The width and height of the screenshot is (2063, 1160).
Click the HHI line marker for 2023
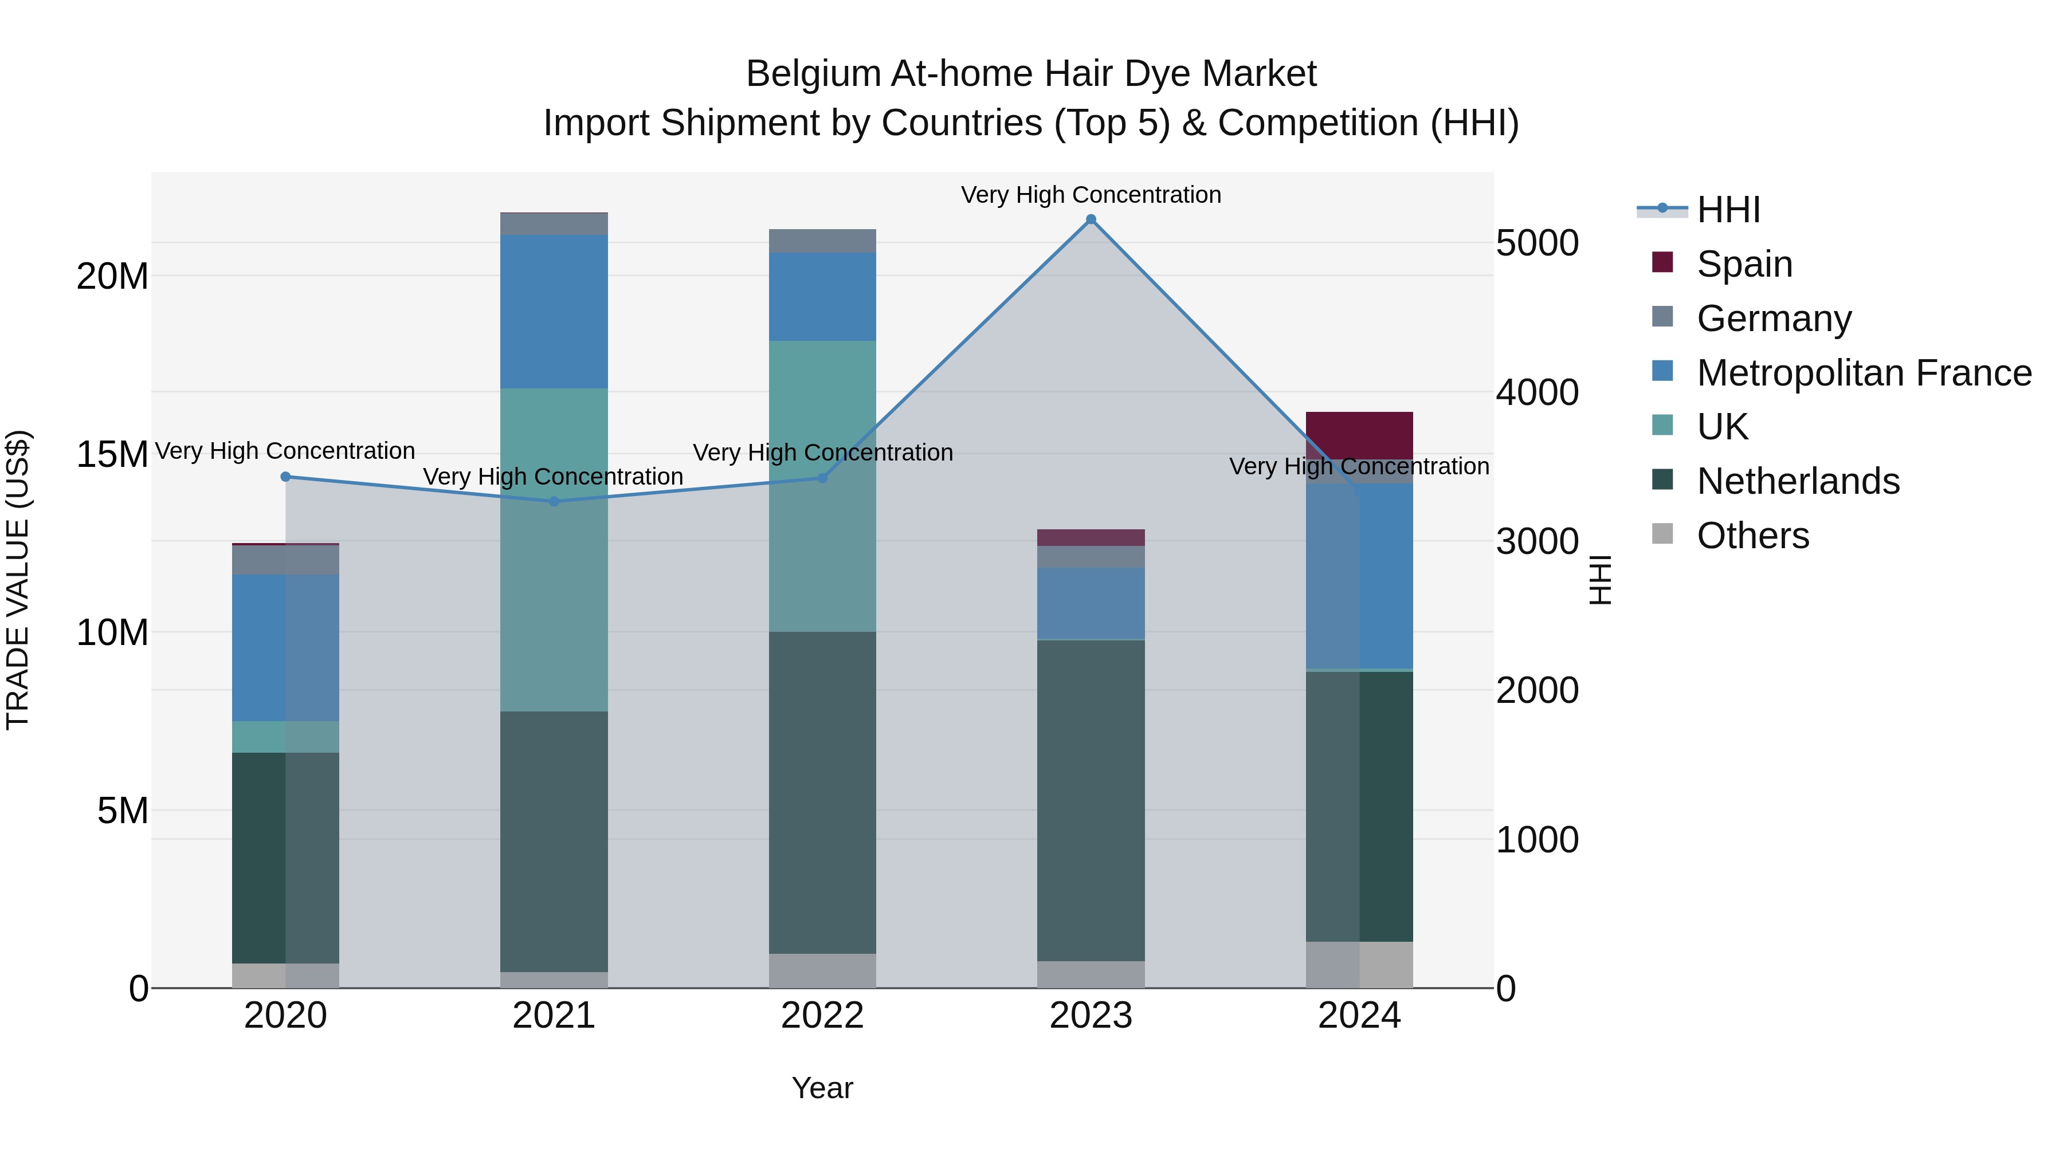[1091, 219]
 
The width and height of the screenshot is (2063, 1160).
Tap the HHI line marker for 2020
[286, 477]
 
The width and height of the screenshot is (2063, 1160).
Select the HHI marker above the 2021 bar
[554, 502]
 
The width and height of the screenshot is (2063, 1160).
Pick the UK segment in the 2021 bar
[554, 550]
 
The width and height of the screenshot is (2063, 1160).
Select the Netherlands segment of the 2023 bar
[1091, 801]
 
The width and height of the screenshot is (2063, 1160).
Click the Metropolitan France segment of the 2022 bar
[822, 297]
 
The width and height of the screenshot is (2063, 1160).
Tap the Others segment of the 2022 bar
[822, 970]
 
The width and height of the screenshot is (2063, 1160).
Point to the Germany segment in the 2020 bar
[286, 560]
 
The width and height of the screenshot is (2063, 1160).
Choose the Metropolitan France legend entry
[1863, 373]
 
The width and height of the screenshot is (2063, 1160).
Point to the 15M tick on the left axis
[112, 455]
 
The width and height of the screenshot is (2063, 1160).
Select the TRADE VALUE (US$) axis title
[18, 580]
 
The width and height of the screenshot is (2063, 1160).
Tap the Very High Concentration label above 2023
[1091, 195]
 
